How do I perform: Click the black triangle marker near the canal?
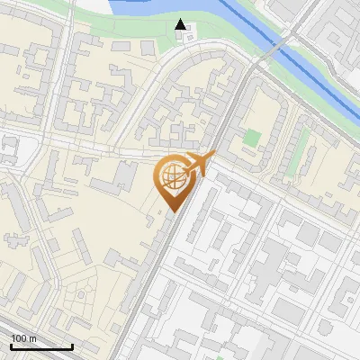coord(182,24)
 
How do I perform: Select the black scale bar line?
coord(41,346)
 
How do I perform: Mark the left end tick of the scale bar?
coord(11,344)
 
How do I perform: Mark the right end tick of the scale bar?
coord(72,344)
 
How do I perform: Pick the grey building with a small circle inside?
coord(9,144)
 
